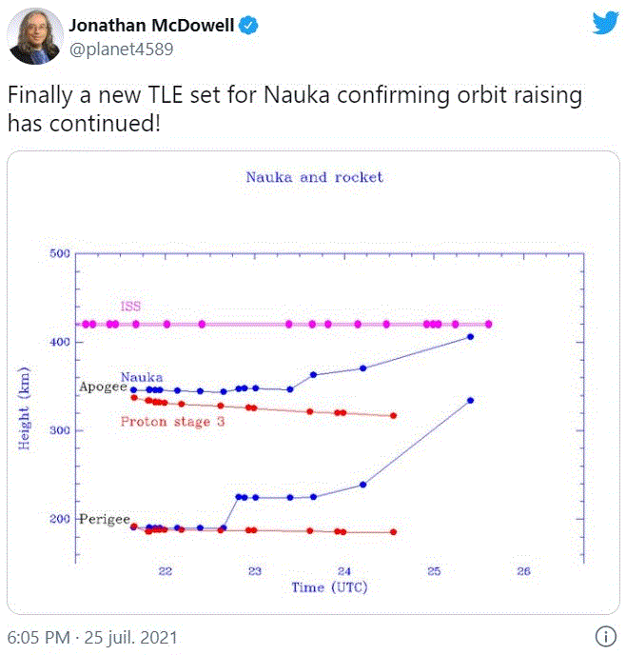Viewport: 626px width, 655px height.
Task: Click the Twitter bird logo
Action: [x=605, y=24]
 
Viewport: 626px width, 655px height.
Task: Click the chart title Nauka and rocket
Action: [x=314, y=177]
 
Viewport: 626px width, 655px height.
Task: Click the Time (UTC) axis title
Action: [x=329, y=587]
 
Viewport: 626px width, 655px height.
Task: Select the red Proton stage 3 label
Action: [x=172, y=421]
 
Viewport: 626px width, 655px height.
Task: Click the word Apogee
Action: [x=103, y=387]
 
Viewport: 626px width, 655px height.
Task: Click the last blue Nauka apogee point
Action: [x=470, y=337]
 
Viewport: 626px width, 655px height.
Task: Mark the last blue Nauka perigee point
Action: [x=470, y=401]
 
